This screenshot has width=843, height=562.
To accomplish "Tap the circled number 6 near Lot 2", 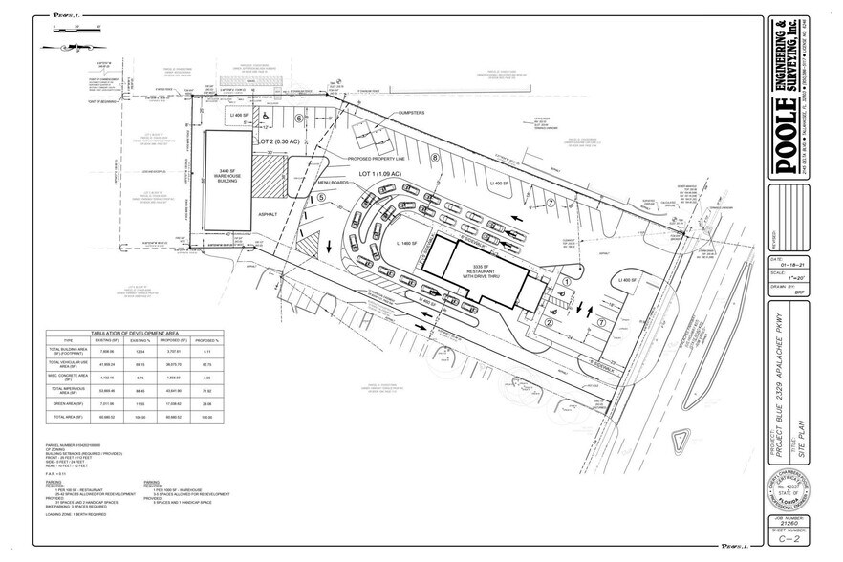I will pyautogui.click(x=297, y=119).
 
